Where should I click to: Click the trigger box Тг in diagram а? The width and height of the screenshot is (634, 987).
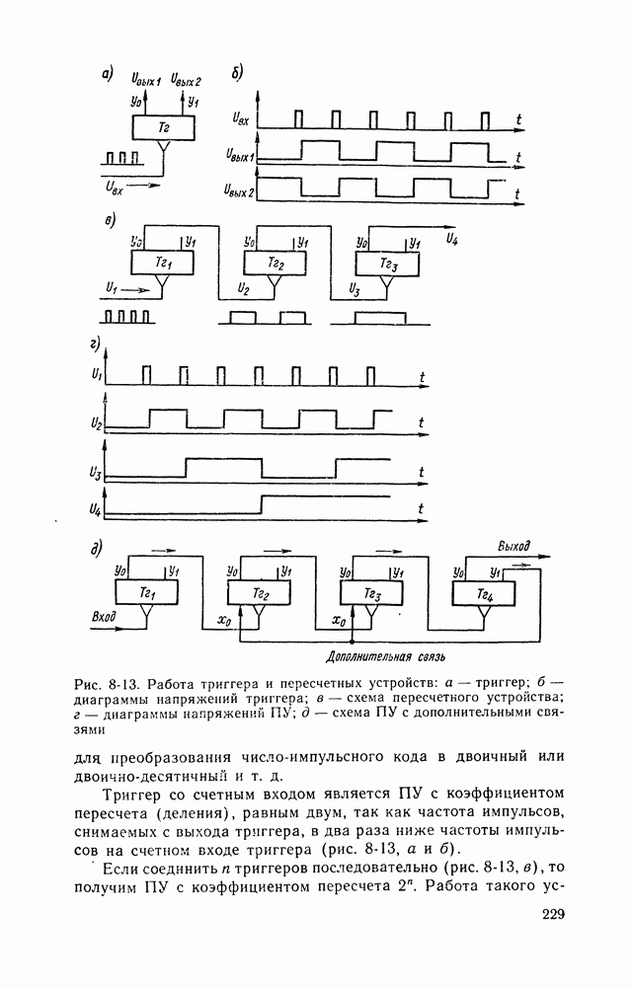point(163,127)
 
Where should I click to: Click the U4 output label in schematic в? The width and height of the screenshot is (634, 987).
point(451,240)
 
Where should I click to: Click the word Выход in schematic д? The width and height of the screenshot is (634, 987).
point(514,546)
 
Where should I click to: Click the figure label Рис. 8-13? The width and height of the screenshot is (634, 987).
point(102,683)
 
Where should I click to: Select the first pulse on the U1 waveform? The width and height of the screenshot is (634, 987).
point(146,374)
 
